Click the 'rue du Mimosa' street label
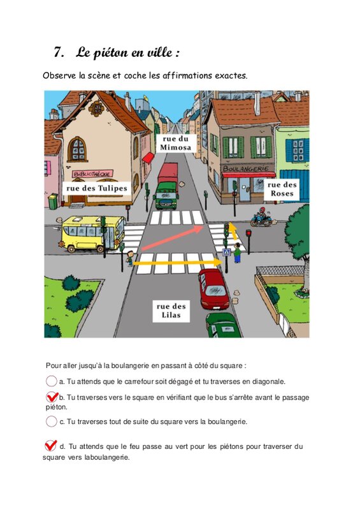[176, 143]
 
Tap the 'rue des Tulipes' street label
[97, 188]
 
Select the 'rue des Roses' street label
[282, 189]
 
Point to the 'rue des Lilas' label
[171, 310]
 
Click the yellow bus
[92, 233]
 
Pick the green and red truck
[167, 186]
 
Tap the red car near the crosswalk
[213, 289]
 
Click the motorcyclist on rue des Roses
[262, 217]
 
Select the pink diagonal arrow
[173, 238]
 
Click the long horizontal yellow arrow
[178, 262]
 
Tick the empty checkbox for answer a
[52, 381]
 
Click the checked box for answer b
[52, 397]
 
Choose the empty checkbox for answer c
[52, 421]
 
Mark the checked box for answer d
[50, 445]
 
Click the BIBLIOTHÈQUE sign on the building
[92, 173]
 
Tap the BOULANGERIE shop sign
[246, 168]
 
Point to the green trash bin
[53, 201]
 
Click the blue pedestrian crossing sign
[226, 252]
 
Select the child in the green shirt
[238, 253]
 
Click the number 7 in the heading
[58, 52]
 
